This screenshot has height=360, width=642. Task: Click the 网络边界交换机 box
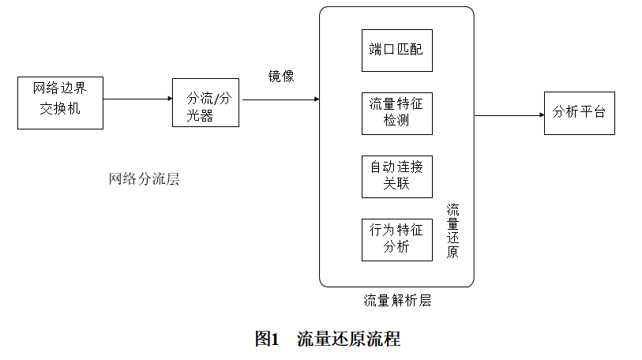pyautogui.click(x=60, y=103)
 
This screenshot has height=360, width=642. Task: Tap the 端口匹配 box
pyautogui.click(x=396, y=51)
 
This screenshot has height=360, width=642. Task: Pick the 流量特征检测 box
pyautogui.click(x=396, y=114)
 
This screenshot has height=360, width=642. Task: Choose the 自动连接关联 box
pyautogui.click(x=396, y=177)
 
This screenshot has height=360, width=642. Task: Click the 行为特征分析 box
pyautogui.click(x=396, y=239)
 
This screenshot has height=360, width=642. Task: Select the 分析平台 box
pyautogui.click(x=579, y=113)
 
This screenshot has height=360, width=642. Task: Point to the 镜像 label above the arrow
pyautogui.click(x=281, y=77)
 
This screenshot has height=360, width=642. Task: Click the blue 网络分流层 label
pyautogui.click(x=144, y=178)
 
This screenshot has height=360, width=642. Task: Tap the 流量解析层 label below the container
pyautogui.click(x=397, y=301)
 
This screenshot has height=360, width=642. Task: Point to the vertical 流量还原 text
pyautogui.click(x=453, y=231)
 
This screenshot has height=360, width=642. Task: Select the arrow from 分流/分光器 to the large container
pyautogui.click(x=280, y=99)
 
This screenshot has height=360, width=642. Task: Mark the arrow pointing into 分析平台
pyautogui.click(x=509, y=114)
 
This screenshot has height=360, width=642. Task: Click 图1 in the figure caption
pyautogui.click(x=268, y=339)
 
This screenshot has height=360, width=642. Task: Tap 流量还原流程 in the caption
pyautogui.click(x=348, y=339)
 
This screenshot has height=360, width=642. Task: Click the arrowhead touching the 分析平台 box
pyautogui.click(x=542, y=114)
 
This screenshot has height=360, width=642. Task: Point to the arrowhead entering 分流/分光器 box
pyautogui.click(x=170, y=99)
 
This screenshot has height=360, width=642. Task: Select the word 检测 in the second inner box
pyautogui.click(x=396, y=122)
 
